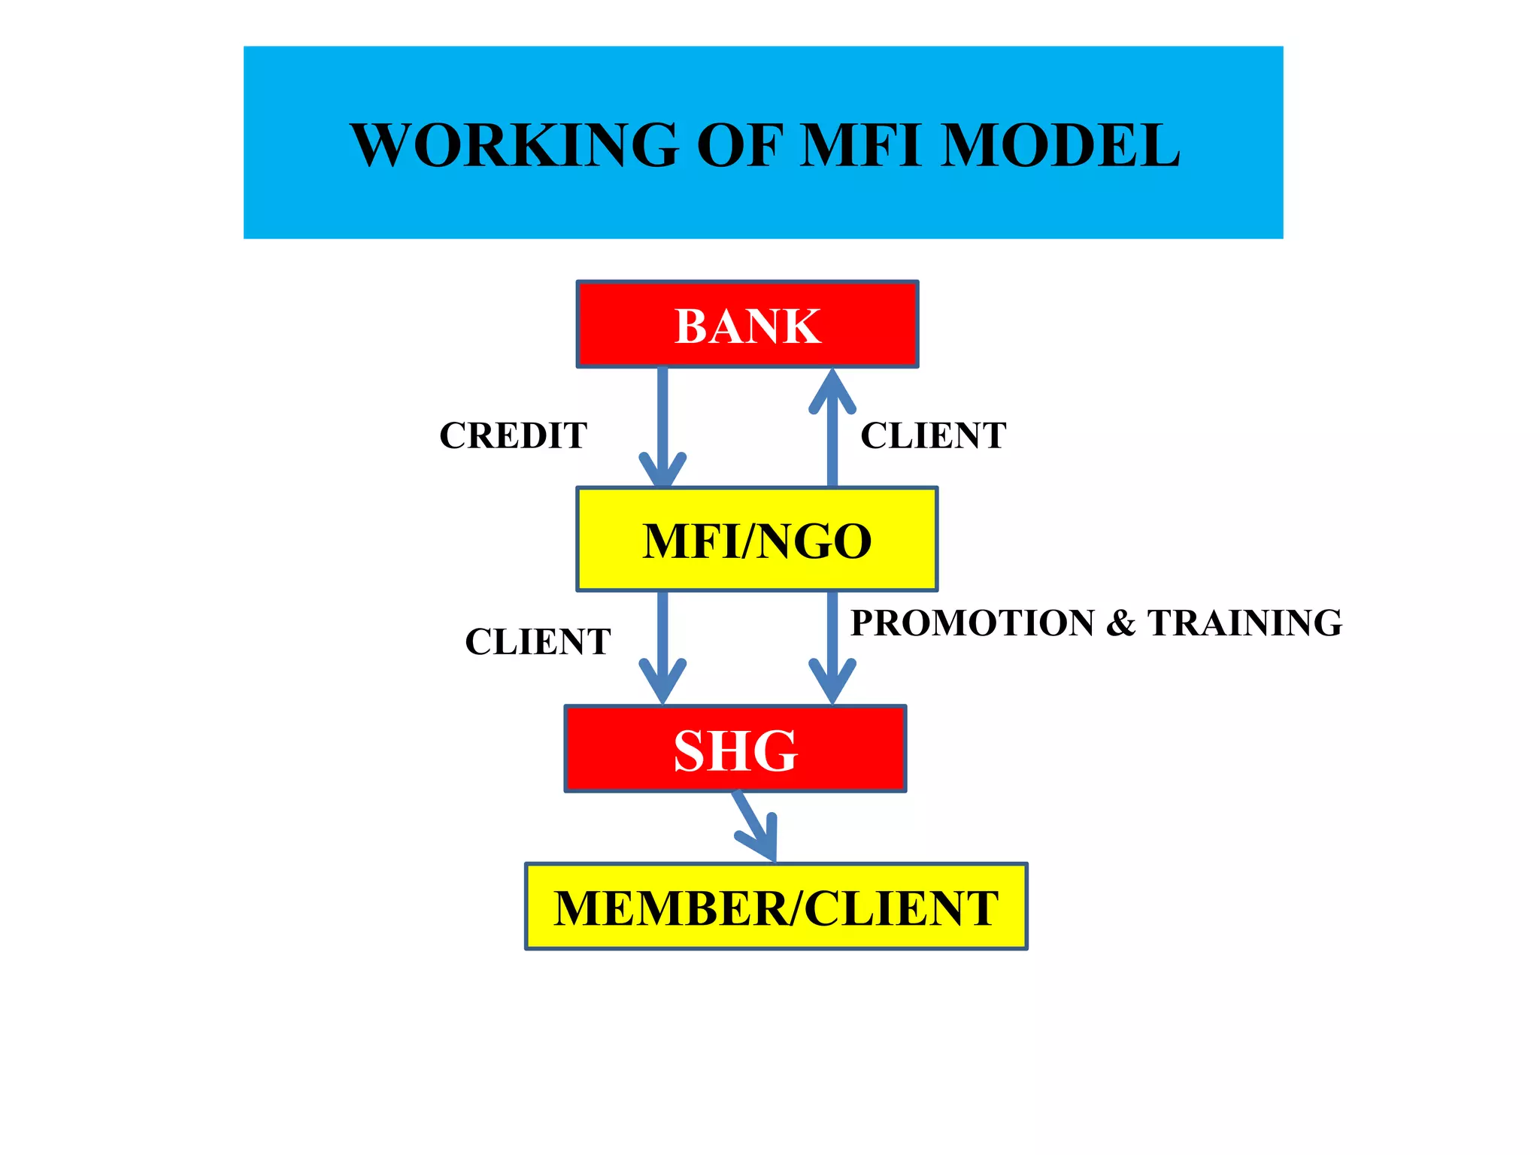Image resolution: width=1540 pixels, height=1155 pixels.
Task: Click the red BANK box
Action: tap(747, 325)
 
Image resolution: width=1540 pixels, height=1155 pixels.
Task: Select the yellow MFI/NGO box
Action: tap(756, 539)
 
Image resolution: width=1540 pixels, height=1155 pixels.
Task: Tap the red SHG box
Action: tap(735, 749)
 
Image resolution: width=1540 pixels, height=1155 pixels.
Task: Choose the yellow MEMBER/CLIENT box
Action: tap(775, 907)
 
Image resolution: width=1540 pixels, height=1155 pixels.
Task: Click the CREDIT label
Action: tap(513, 435)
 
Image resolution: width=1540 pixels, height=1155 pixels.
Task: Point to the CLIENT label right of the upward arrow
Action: tap(932, 435)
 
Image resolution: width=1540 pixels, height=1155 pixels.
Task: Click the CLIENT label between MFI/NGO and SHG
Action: tap(538, 641)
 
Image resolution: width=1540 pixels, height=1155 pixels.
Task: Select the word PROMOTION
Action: tap(972, 623)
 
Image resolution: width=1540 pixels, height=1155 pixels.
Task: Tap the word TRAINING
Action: tap(1244, 623)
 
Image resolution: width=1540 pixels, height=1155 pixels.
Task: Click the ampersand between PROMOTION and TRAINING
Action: tap(1120, 623)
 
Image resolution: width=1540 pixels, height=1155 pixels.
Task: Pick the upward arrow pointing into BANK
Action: tap(832, 429)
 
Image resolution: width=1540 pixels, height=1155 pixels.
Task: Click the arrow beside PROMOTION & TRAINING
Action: tap(832, 647)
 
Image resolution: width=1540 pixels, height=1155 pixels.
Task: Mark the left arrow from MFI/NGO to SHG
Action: tap(662, 647)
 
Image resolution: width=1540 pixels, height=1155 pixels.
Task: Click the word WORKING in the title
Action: tap(514, 144)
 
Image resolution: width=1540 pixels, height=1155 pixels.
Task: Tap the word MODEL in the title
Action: tap(1060, 144)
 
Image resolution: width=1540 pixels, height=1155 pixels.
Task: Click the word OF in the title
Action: tap(740, 144)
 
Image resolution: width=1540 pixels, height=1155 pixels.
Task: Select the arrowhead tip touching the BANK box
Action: tap(832, 372)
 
